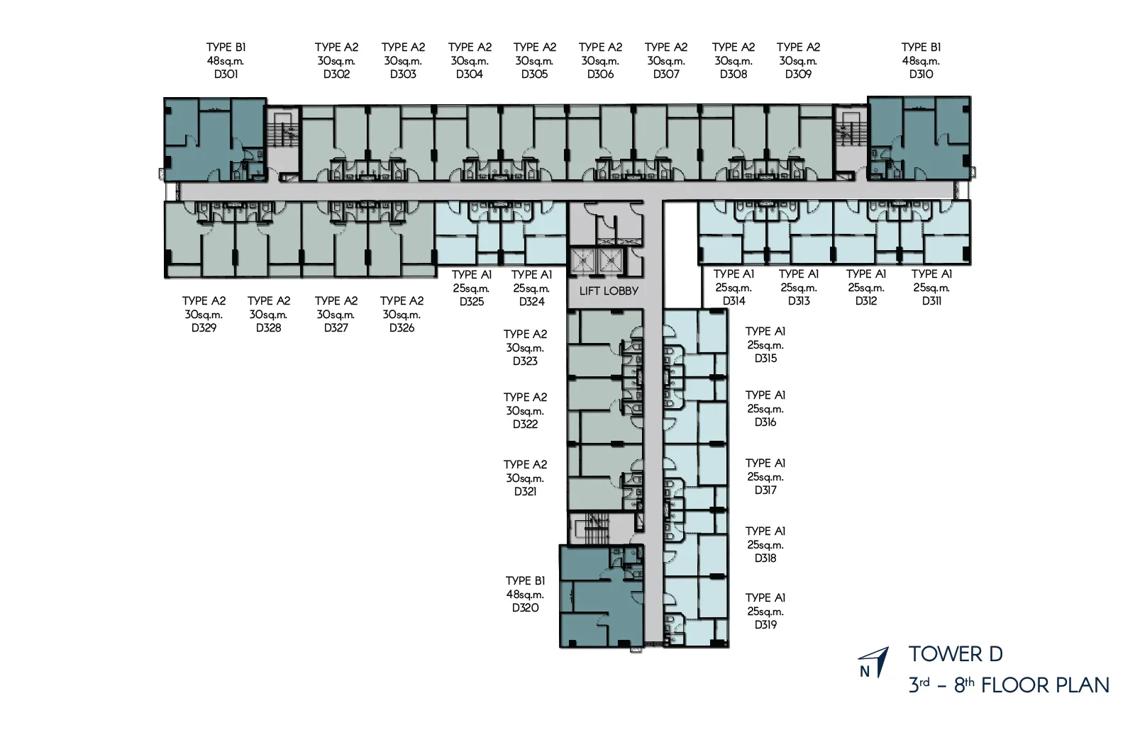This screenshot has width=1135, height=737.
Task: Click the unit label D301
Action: tap(226, 74)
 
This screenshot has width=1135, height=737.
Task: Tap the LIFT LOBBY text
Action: tap(609, 291)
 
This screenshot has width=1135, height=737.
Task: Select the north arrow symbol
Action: tap(873, 662)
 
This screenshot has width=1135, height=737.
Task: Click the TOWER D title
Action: tap(956, 654)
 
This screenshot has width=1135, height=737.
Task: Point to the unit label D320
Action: tap(526, 608)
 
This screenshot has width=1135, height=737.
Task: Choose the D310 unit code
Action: tap(921, 74)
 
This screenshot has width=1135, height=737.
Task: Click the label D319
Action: tap(765, 625)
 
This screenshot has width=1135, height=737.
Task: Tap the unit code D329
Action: tap(204, 328)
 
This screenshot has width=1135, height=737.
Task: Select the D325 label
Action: tap(472, 302)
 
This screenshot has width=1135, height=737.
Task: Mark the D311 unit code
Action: tap(932, 301)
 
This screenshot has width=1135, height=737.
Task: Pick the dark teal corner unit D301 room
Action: tap(216, 140)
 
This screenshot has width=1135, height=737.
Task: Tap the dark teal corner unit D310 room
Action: tap(919, 138)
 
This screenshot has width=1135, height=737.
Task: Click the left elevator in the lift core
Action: tap(583, 261)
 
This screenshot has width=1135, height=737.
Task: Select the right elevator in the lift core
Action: tap(611, 261)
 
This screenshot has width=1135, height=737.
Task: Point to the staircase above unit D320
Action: tap(598, 528)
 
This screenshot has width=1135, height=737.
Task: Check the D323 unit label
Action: tap(525, 361)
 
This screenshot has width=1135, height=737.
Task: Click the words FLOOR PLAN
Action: tap(1046, 685)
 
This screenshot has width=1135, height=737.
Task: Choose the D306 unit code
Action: tap(600, 74)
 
